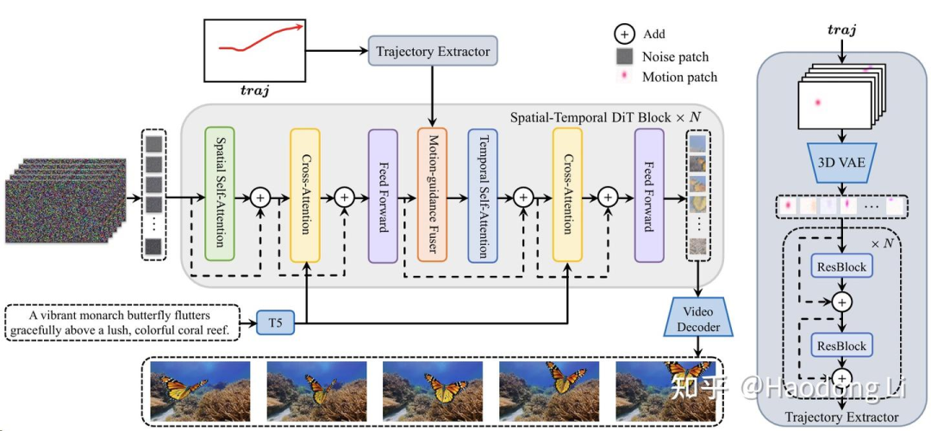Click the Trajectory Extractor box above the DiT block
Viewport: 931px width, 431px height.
pyautogui.click(x=433, y=52)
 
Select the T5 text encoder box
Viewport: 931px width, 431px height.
pyautogui.click(x=275, y=324)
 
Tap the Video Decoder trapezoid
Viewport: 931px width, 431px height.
pyautogui.click(x=697, y=319)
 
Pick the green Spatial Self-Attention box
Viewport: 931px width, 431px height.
pyautogui.click(x=220, y=193)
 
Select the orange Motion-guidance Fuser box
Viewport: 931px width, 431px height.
pyautogui.click(x=431, y=195)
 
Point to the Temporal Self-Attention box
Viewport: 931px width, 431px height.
pyautogui.click(x=483, y=195)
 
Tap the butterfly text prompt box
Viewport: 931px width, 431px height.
pyautogui.click(x=123, y=322)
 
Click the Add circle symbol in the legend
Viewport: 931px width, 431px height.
pyautogui.click(x=624, y=34)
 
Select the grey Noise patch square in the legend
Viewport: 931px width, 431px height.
pyautogui.click(x=624, y=56)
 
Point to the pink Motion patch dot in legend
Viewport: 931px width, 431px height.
pyautogui.click(x=624, y=78)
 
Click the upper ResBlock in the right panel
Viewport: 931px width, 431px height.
pyautogui.click(x=840, y=267)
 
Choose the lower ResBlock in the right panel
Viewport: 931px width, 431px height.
pyautogui.click(x=840, y=346)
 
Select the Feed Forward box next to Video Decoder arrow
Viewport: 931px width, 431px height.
pyautogui.click(x=649, y=195)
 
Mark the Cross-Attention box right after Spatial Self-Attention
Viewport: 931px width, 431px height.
pyautogui.click(x=304, y=195)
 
